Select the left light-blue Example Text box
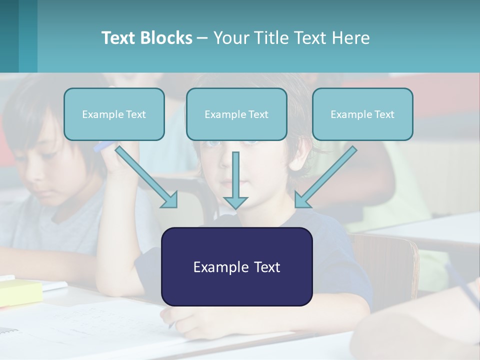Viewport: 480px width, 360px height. [114, 114]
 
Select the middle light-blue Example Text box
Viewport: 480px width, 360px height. [236, 114]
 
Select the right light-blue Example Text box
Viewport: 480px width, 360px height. [362, 114]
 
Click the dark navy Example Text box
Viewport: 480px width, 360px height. [236, 266]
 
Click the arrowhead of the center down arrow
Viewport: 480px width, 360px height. [235, 202]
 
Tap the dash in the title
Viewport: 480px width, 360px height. [202, 38]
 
